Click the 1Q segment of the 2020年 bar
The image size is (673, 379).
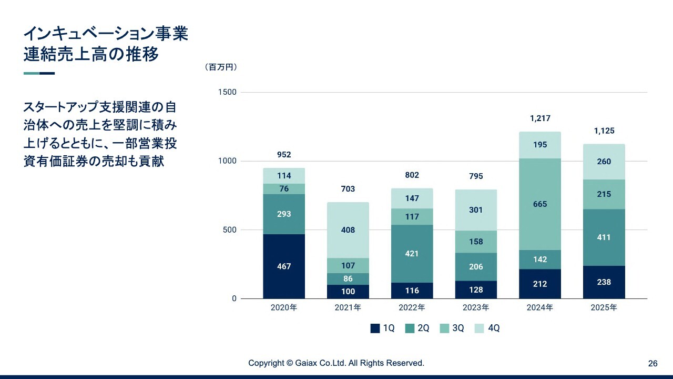click(x=284, y=266)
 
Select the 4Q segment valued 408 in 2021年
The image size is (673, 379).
click(x=348, y=230)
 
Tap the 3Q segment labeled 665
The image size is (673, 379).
click(x=540, y=204)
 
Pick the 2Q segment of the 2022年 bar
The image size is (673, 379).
click(x=412, y=254)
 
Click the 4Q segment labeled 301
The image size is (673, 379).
click(x=476, y=210)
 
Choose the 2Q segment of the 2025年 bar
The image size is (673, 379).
click(x=604, y=237)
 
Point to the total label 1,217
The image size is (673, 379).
click(x=540, y=118)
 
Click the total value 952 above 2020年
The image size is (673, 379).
click(x=284, y=155)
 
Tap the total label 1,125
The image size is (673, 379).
click(x=604, y=131)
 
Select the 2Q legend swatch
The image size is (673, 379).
click(x=410, y=328)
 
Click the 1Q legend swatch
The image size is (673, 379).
click(x=375, y=328)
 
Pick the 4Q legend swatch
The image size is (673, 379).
click(x=480, y=328)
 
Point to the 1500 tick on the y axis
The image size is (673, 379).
click(x=227, y=92)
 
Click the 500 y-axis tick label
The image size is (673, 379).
click(x=230, y=230)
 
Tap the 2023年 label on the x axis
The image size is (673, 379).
click(x=476, y=307)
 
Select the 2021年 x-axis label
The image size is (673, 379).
click(x=348, y=307)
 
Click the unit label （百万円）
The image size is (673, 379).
click(x=221, y=67)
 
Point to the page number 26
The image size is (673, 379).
click(x=652, y=363)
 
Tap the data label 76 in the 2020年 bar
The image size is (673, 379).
click(x=284, y=189)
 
